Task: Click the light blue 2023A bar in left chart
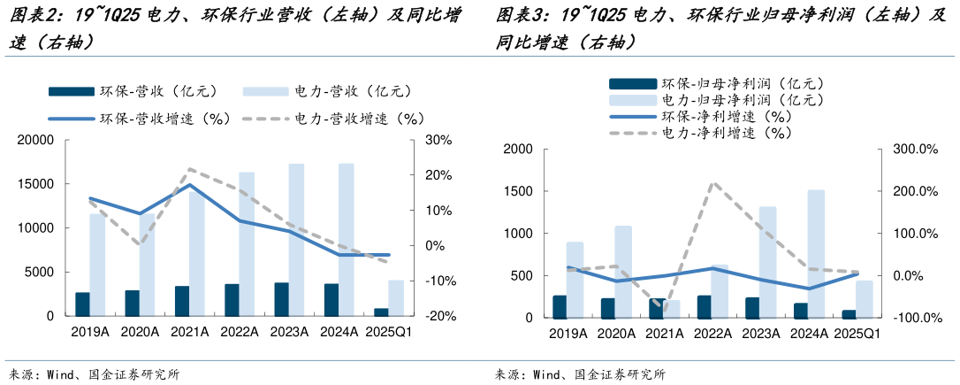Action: pos(296,239)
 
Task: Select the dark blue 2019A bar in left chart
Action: pos(82,304)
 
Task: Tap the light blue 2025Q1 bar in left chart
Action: pos(396,297)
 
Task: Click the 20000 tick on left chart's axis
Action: pos(35,140)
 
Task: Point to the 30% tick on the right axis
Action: pos(438,140)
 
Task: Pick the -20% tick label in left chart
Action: pos(438,316)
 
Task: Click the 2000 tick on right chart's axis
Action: pos(516,149)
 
